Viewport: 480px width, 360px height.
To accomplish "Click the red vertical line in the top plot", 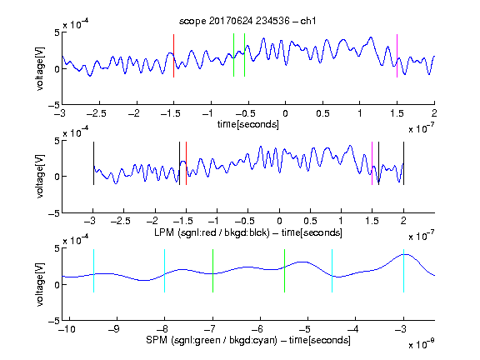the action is click(x=173, y=56).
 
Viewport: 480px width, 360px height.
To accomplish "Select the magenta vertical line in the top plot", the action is click(x=397, y=56).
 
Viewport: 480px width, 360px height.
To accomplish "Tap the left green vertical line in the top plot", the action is click(x=233, y=55).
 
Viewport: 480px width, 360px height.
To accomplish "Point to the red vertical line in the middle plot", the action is click(x=186, y=163).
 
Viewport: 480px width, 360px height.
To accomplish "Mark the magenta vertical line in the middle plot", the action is click(x=372, y=163).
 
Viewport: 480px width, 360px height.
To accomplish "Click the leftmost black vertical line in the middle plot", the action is click(x=93, y=163).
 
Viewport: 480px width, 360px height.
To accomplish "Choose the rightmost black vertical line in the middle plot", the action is click(x=404, y=163).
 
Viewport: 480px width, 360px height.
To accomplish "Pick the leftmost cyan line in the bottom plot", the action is click(x=93, y=271).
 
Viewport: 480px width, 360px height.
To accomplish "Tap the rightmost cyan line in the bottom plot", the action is click(x=404, y=271).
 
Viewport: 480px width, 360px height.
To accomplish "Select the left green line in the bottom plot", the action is click(x=212, y=271).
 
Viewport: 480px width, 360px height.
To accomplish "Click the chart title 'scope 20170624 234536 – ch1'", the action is click(x=247, y=21).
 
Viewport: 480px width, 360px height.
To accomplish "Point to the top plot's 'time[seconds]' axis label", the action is click(x=248, y=125).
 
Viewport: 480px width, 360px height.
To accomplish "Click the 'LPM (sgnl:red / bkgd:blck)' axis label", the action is click(x=212, y=232).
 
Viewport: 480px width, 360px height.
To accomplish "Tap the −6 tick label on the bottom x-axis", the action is click(x=259, y=329).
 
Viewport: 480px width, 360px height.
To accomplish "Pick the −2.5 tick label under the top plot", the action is click(x=96, y=113).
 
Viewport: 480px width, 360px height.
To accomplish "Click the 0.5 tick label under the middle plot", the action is click(x=310, y=221).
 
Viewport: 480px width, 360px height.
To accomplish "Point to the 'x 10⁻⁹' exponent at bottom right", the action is click(x=422, y=344).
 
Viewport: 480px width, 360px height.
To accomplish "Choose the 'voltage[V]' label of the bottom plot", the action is click(x=40, y=284).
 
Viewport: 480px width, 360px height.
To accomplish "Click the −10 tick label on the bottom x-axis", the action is click(x=67, y=329).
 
